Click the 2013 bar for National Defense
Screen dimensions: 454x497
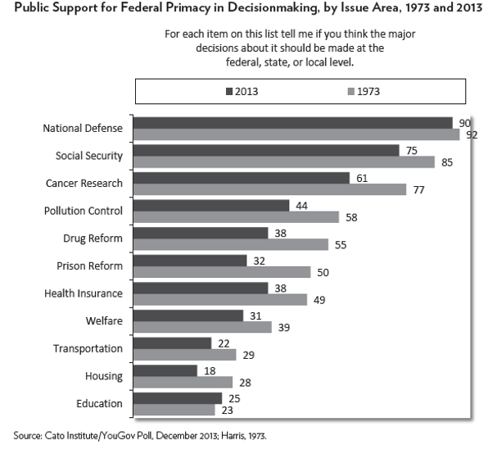[x=292, y=123]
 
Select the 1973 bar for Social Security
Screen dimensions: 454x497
[x=283, y=162]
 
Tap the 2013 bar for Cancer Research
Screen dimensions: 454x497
[x=241, y=178]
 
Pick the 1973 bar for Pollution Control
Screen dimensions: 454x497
[x=236, y=217]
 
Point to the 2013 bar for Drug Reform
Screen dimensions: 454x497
[x=201, y=233]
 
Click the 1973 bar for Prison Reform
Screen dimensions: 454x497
[x=221, y=272]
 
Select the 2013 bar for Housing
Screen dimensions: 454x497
[x=165, y=370]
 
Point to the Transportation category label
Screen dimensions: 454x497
[x=88, y=348]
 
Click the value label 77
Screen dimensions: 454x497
[x=417, y=189]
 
